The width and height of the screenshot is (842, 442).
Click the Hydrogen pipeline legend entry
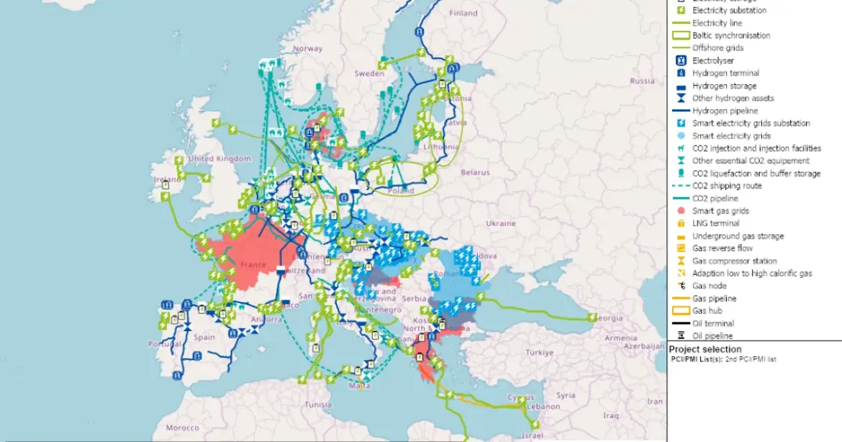point(725,111)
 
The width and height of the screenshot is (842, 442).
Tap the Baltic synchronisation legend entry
point(730,35)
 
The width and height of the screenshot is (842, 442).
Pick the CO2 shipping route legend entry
point(727,186)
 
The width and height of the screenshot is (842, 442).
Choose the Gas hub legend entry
point(708,311)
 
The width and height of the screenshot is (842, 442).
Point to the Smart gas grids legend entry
point(720,211)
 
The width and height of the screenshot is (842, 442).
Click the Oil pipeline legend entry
point(712,336)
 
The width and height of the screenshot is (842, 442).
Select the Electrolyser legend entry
point(712,60)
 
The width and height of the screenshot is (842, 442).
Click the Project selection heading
point(705,349)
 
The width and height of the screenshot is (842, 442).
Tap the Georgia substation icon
point(592,317)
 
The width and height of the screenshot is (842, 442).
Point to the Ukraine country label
point(502,223)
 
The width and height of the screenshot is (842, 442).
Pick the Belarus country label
point(476,173)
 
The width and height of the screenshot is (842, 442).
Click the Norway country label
point(307,49)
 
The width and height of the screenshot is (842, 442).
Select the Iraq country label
point(610,415)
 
